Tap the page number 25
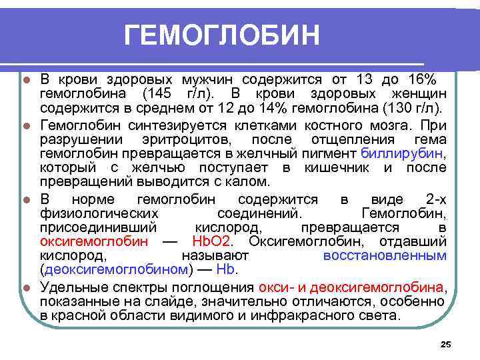click(x=446, y=344)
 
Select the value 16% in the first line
click(x=421, y=79)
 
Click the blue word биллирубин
click(x=407, y=154)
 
